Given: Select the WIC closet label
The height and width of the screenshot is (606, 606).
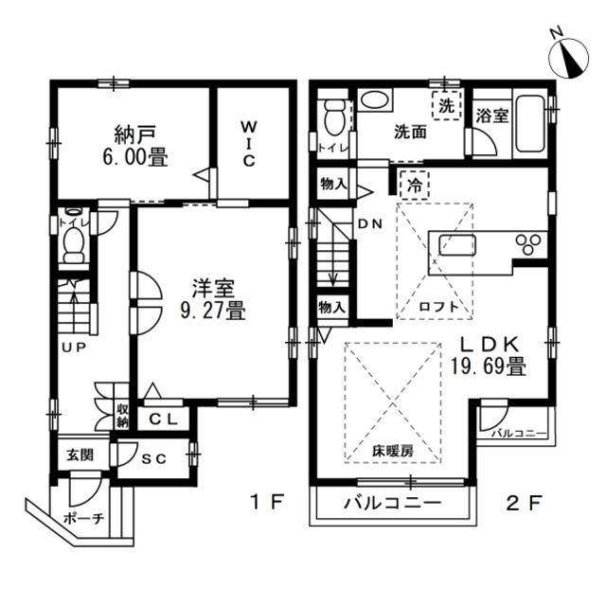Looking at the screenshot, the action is (247, 143).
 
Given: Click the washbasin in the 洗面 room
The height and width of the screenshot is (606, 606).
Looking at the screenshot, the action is (376, 101).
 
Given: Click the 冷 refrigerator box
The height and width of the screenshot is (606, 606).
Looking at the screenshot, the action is (413, 186).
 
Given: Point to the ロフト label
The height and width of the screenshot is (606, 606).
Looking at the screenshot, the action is (437, 306).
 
